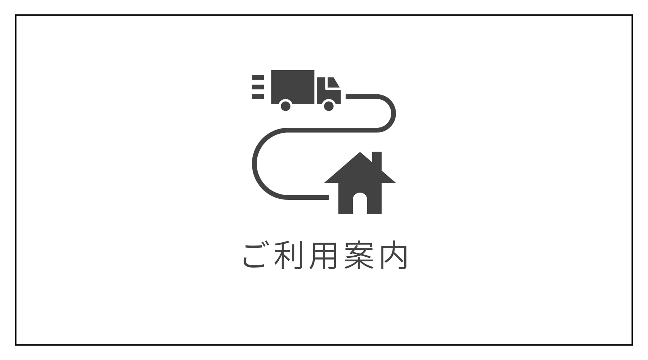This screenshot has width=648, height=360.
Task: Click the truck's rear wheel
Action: pyautogui.click(x=285, y=106)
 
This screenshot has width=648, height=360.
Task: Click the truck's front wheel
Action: pyautogui.click(x=329, y=106)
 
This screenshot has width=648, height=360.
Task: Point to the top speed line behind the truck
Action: pyautogui.click(x=258, y=77)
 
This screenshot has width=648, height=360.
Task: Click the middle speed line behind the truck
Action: pyautogui.click(x=258, y=87)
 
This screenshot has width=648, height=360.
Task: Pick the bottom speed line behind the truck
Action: pyautogui.click(x=258, y=96)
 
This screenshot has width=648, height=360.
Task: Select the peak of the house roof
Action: pyautogui.click(x=360, y=154)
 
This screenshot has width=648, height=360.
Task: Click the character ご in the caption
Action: pyautogui.click(x=255, y=256)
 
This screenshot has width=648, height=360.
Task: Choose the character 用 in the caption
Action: pyautogui.click(x=324, y=256)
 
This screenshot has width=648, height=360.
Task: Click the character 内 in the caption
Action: pyautogui.click(x=393, y=256)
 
